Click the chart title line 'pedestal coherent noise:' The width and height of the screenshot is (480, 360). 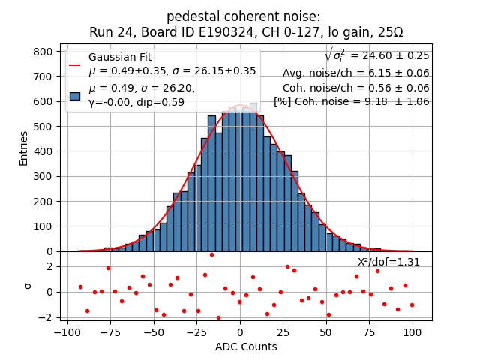click(x=243, y=16)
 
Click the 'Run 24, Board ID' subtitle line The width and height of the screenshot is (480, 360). click(x=246, y=32)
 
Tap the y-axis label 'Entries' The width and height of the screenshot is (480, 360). click(x=23, y=148)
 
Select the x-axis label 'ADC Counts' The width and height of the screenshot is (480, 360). click(x=246, y=346)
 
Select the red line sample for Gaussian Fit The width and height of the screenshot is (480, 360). click(x=75, y=64)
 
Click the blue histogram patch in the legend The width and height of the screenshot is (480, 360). click(x=75, y=96)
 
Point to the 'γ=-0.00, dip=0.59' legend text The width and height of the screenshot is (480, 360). click(x=136, y=103)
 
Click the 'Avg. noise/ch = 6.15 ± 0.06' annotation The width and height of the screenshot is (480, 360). click(x=355, y=73)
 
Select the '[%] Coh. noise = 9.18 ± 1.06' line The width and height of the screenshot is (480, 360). click(x=351, y=102)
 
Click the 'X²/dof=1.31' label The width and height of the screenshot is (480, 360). click(x=388, y=262)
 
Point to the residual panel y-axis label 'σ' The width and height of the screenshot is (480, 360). click(x=28, y=286)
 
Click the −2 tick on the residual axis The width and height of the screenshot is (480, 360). click(x=46, y=317)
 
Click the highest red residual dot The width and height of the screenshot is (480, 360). click(x=211, y=254)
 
